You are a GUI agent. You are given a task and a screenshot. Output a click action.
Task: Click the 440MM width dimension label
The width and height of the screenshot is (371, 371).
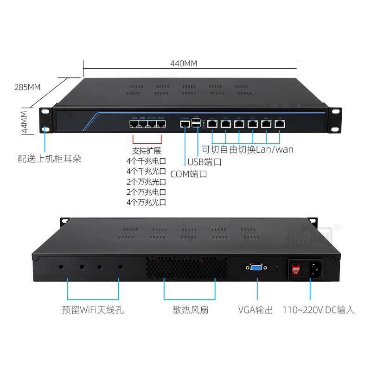[x=184, y=63]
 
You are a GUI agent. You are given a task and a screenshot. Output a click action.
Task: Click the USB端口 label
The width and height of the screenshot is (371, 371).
[x=205, y=162]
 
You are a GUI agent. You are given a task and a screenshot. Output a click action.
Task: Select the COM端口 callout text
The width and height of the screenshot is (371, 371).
[x=189, y=174]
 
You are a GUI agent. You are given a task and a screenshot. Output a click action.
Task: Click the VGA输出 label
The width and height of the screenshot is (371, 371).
[x=256, y=310]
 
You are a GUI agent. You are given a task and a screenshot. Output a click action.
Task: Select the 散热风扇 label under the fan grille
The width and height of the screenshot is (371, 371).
[x=190, y=310]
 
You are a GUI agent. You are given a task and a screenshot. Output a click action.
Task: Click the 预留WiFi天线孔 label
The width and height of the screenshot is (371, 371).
[x=93, y=310]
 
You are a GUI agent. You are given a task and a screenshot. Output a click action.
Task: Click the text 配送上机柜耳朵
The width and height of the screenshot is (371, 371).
[x=50, y=159]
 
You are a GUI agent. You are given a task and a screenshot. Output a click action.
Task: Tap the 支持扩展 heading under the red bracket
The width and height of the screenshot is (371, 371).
[x=147, y=151]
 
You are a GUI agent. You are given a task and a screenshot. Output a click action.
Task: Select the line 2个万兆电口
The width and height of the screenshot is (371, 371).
[x=147, y=192]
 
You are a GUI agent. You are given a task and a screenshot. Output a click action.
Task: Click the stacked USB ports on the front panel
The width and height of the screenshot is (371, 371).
[x=197, y=123]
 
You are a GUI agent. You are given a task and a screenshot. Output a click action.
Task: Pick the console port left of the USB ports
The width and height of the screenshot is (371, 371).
[x=184, y=124]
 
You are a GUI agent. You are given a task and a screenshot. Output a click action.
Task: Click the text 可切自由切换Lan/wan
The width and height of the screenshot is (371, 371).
[x=247, y=149]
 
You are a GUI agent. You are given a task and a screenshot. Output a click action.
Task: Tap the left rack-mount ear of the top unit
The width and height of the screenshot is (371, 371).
[x=45, y=120]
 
